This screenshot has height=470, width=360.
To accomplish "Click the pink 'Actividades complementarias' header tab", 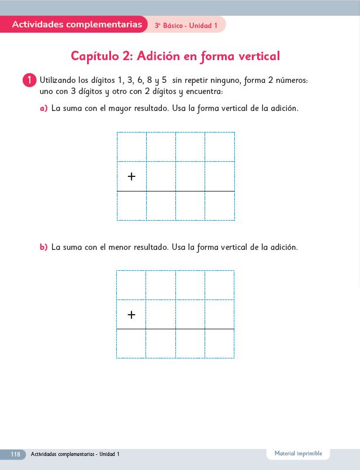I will [77, 25].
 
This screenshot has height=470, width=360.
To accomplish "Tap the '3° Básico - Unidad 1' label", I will [186, 26].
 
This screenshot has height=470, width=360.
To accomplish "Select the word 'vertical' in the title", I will [255, 56].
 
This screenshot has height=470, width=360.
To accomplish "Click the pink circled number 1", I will [30, 80].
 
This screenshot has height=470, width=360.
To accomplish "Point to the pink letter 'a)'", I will [43, 109].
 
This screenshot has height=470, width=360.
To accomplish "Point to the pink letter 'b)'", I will [43, 247].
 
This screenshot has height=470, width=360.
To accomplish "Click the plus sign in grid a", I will [131, 176].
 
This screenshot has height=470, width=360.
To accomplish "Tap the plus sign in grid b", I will [131, 315].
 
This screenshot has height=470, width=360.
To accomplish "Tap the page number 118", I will [15, 454].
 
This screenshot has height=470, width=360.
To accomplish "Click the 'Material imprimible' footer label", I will [298, 454].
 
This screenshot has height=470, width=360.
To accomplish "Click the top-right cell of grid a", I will [220, 147].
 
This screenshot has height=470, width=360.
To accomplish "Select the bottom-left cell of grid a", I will [131, 206].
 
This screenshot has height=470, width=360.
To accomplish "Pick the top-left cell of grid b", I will [131, 285].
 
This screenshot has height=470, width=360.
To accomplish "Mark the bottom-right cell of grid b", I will [220, 344].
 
